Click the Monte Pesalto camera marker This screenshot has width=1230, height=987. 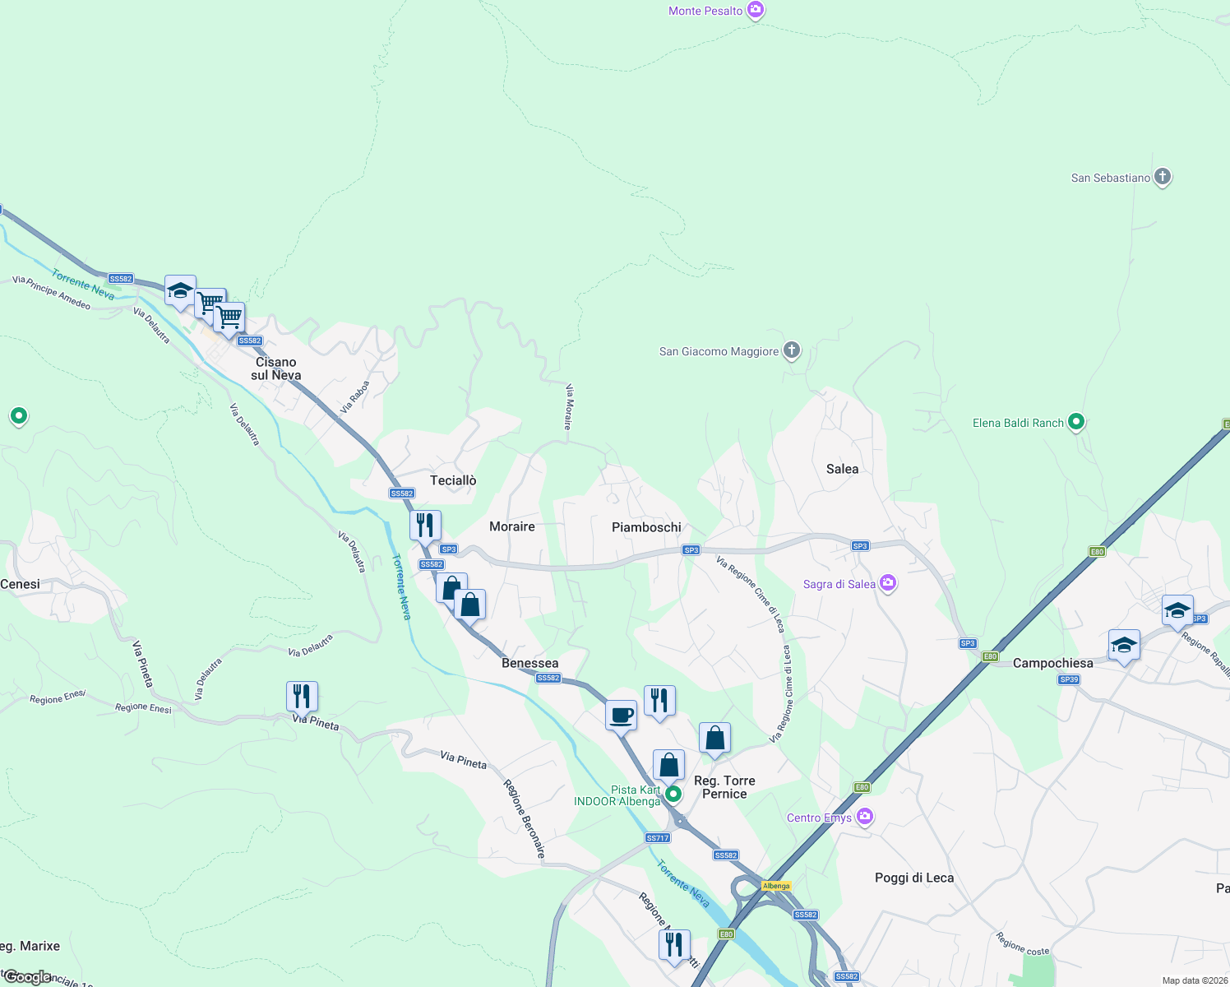(x=756, y=11)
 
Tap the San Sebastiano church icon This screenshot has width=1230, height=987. (x=1162, y=177)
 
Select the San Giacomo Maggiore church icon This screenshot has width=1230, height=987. (x=791, y=351)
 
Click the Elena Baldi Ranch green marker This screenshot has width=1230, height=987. (x=1075, y=423)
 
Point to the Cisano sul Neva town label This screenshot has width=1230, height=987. (x=275, y=368)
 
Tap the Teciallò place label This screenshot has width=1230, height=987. (x=453, y=480)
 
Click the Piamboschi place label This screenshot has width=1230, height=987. (x=646, y=527)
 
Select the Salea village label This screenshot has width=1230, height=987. (x=842, y=469)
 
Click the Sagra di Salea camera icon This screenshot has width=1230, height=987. (x=887, y=583)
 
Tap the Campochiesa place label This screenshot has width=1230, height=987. (x=1052, y=663)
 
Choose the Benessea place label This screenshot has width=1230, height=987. (x=529, y=663)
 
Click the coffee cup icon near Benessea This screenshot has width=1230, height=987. (x=622, y=715)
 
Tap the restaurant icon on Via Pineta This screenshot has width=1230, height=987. (x=302, y=696)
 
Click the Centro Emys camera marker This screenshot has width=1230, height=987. (x=864, y=817)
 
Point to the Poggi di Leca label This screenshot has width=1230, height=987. (x=914, y=878)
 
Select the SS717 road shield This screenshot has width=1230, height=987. (x=658, y=838)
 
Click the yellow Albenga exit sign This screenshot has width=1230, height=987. (x=776, y=886)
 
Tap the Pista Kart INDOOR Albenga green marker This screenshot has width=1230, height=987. (x=673, y=794)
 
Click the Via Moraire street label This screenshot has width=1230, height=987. (x=568, y=406)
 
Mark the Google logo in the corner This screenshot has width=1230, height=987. (x=27, y=977)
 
